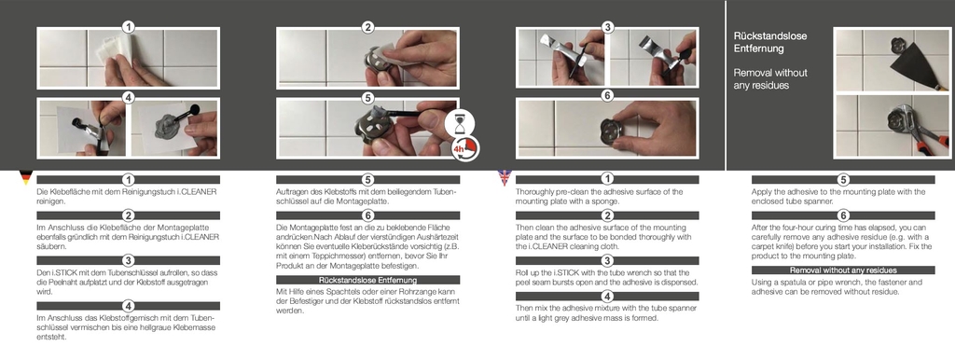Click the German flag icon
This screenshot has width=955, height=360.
[25, 177]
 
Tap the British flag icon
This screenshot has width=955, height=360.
[505, 177]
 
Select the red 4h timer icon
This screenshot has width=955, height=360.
[466, 148]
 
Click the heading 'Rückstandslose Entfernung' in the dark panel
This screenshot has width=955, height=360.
[770, 42]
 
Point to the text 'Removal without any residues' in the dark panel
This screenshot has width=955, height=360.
[770, 79]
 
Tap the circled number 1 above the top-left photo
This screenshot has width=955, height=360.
[128, 27]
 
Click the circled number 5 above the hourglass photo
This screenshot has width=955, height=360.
[367, 97]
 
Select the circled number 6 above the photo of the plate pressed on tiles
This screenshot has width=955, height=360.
[607, 97]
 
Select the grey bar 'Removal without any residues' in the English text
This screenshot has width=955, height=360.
[843, 270]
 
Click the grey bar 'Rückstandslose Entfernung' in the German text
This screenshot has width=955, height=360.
[367, 280]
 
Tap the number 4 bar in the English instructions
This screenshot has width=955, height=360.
[607, 297]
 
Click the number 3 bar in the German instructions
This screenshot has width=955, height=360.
[128, 261]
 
